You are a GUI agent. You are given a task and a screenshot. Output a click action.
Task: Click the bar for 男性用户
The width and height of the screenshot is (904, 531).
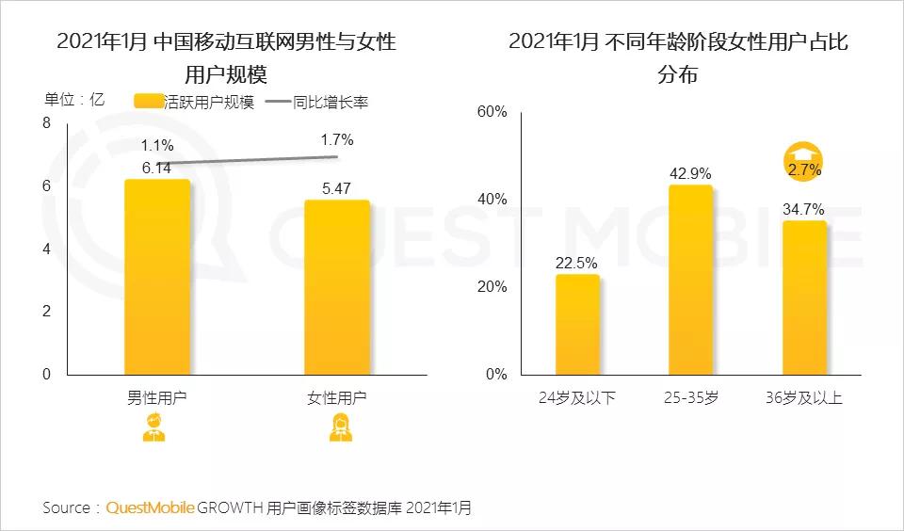[157, 278]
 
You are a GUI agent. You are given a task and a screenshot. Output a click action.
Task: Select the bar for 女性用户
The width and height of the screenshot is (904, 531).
[337, 287]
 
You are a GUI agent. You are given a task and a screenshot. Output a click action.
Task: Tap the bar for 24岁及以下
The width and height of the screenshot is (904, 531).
[577, 324]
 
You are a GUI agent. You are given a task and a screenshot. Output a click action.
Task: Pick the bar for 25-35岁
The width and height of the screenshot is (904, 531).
[690, 280]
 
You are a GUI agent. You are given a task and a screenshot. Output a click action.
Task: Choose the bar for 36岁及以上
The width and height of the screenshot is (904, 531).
[803, 298]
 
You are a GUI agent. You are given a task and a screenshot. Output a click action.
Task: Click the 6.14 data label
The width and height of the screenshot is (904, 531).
[156, 168]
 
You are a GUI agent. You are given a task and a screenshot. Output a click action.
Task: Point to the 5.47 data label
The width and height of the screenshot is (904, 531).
[336, 188]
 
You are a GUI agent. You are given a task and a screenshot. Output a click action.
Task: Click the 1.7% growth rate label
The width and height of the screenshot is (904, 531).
[336, 140]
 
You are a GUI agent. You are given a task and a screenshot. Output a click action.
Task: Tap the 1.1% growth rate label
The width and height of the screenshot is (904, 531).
[156, 146]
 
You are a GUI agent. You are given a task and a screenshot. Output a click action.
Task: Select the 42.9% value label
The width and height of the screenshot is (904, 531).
[690, 174]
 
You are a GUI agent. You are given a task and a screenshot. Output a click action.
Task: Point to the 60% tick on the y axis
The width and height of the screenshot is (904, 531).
[492, 112]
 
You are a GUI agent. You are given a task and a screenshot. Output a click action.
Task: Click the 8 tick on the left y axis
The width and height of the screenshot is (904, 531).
[47, 123]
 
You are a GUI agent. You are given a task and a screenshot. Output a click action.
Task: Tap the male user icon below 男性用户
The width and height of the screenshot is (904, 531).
[153, 429]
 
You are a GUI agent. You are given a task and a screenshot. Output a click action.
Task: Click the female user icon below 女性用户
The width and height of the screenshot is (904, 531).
[337, 429]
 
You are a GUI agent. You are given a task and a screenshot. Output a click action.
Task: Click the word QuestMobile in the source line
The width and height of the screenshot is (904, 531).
[151, 507]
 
